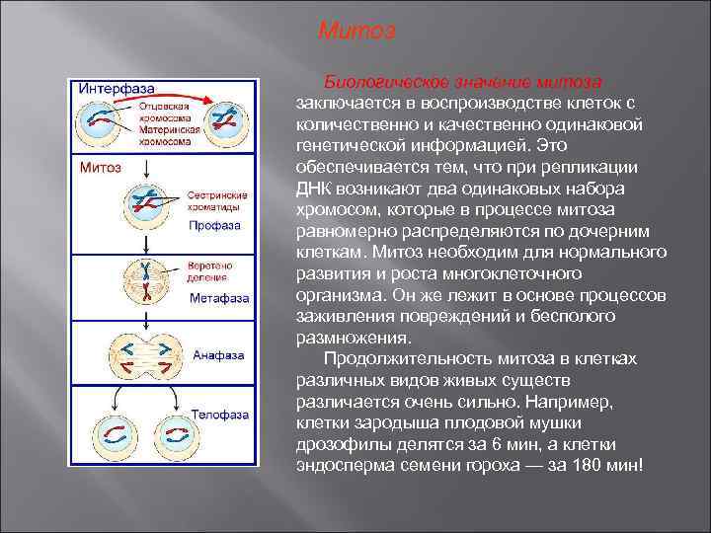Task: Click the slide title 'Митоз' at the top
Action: [x=356, y=32]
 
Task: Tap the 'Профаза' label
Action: [x=214, y=225]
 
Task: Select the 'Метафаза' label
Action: [x=219, y=297]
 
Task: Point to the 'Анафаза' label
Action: [x=219, y=353]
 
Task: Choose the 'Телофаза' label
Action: [x=219, y=415]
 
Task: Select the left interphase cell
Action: [x=97, y=124]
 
